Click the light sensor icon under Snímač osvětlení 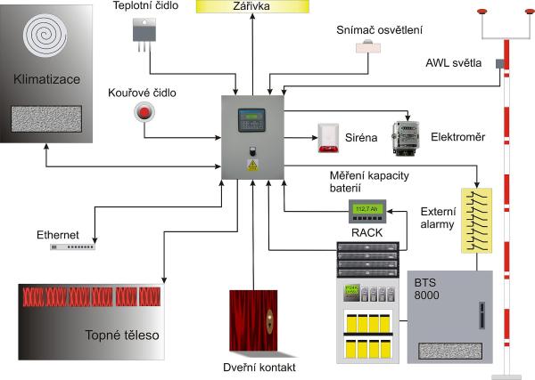click(369, 47)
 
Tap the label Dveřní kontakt click(258, 367)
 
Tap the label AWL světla click(454, 62)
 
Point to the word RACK click(366, 233)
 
